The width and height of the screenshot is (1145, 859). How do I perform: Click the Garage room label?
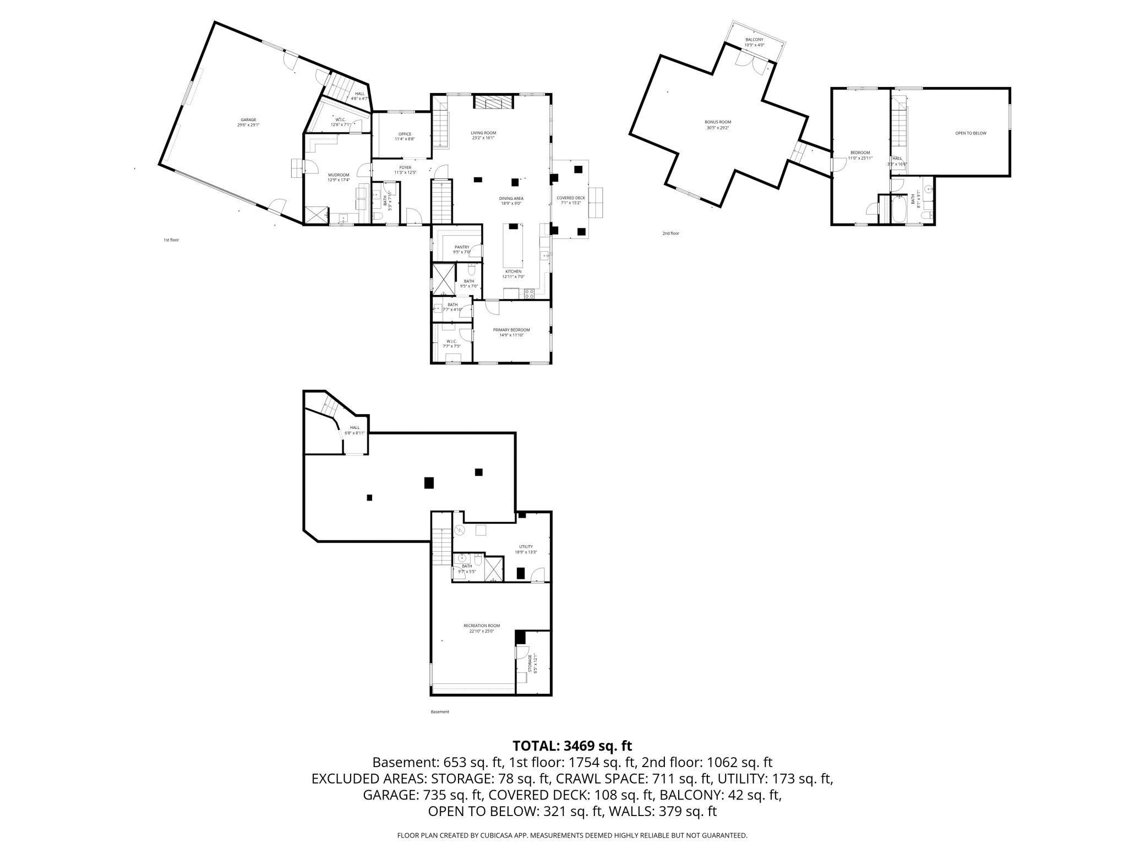[248, 122]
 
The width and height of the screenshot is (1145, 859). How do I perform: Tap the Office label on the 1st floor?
[405, 137]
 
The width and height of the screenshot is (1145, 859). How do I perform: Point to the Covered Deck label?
[571, 200]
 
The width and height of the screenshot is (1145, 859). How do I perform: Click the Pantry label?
[461, 249]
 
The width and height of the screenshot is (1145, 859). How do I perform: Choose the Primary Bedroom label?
[511, 332]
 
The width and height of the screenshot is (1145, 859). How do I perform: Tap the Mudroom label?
[339, 177]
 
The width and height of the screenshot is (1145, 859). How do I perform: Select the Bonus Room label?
[718, 124]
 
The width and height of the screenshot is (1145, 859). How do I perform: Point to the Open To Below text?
[970, 133]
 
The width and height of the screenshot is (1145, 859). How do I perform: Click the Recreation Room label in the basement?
[481, 628]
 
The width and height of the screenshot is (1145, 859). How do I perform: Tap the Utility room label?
[526, 549]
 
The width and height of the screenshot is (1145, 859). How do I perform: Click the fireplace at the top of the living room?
[493, 103]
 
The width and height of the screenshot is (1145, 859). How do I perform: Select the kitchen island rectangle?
[513, 246]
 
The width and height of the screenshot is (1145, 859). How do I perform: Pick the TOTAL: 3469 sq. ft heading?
[572, 746]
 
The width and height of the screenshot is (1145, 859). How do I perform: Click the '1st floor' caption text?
[171, 240]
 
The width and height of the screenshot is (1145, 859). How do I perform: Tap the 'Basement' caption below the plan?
[440, 712]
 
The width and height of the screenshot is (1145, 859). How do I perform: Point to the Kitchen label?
[513, 274]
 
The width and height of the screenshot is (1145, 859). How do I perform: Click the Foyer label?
[405, 170]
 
